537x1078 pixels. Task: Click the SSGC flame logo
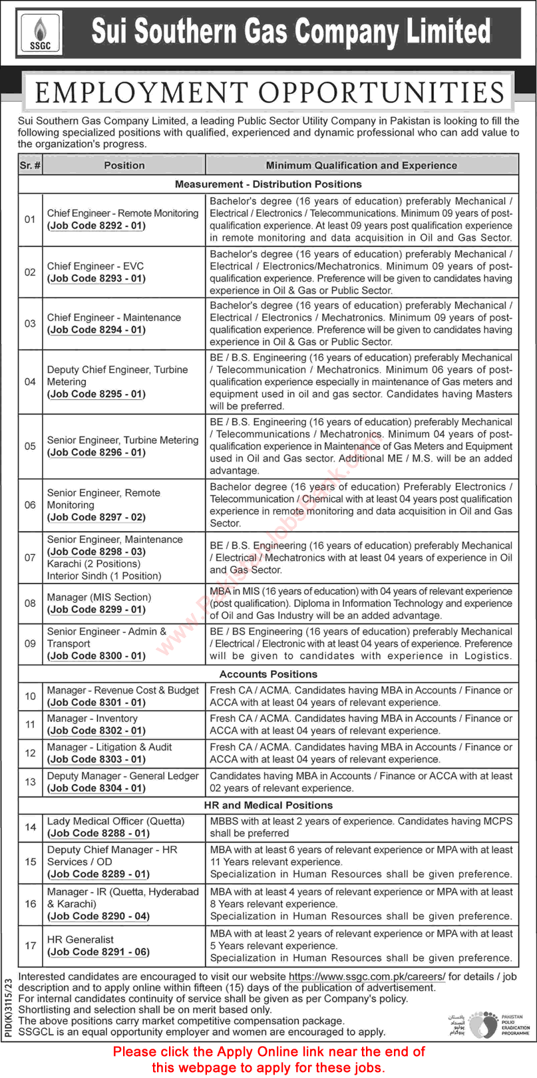(x=40, y=33)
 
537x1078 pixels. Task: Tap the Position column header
(x=124, y=165)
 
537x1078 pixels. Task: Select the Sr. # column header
(x=30, y=165)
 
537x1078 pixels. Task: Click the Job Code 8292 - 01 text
(x=96, y=226)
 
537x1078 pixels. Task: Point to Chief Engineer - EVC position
(x=95, y=266)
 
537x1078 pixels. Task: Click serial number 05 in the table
(x=30, y=446)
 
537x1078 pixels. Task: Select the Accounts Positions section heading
(x=268, y=674)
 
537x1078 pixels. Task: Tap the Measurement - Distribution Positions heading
(x=268, y=184)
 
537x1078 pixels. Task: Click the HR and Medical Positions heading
(x=268, y=805)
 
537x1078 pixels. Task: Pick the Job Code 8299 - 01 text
(x=96, y=610)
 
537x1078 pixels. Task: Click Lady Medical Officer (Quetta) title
(x=116, y=820)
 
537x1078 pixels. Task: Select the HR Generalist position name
(x=81, y=940)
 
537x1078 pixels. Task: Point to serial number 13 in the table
(x=30, y=782)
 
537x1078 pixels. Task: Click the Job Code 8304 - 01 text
(x=96, y=788)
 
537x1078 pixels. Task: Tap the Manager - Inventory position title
(x=92, y=718)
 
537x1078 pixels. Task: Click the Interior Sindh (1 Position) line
(x=104, y=576)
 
